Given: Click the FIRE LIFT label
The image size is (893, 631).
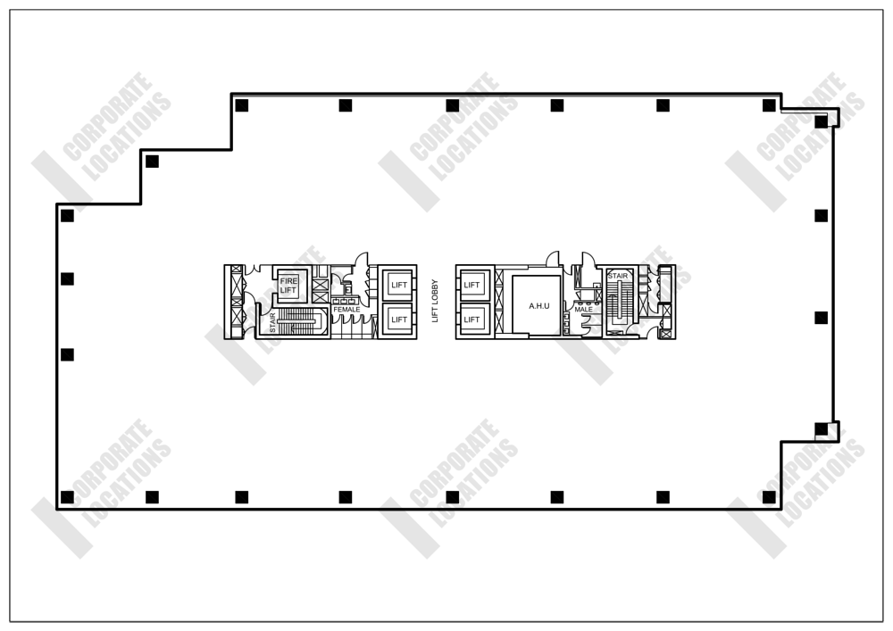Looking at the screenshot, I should [289, 286].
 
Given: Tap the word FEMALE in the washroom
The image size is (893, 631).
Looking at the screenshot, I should [346, 310].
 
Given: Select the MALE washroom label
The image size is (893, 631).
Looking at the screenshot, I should [584, 310].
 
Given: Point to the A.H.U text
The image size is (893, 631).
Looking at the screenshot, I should [538, 306].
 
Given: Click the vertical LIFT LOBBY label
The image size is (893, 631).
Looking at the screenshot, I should [436, 298].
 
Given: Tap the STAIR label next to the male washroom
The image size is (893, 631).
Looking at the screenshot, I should [618, 277].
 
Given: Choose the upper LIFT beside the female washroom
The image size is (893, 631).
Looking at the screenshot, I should [399, 285].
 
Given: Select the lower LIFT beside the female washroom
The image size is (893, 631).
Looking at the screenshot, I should [399, 320].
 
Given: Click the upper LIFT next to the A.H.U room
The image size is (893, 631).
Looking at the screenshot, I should [472, 285].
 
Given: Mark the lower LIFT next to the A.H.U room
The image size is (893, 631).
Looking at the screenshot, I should [472, 320].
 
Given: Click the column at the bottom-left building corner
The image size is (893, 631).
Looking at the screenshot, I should [67, 496].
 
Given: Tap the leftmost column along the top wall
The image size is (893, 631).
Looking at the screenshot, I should [241, 105].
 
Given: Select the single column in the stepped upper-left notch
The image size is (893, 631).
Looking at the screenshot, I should [152, 162].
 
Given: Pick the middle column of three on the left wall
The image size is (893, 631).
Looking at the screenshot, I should [67, 278].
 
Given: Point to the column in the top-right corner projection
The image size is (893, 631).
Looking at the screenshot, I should [821, 122].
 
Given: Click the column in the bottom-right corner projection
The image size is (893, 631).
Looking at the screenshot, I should [821, 428].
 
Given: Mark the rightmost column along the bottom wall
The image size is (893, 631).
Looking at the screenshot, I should [769, 496].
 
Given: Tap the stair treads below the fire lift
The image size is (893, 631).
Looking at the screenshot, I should [297, 321].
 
